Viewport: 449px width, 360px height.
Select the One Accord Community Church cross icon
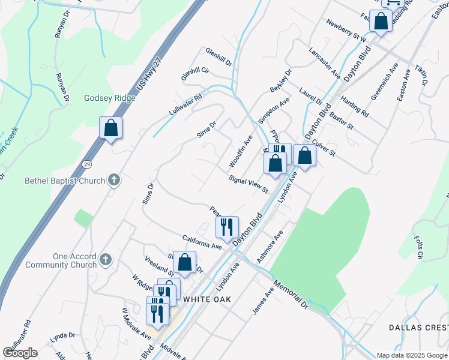point(106,260)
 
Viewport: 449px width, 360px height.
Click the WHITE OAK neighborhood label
point(207,298)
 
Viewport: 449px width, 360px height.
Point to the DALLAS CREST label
point(418,327)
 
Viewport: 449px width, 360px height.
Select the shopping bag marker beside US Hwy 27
point(110,128)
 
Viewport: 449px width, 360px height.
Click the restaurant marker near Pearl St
point(227,227)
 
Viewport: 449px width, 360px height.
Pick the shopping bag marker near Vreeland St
point(185,262)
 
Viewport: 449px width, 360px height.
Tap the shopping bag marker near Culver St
point(305,156)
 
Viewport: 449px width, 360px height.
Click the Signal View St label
point(249,185)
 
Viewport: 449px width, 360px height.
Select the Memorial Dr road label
point(290,293)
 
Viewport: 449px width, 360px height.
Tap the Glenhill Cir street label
point(196,74)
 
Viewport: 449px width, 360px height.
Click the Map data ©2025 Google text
point(412,355)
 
